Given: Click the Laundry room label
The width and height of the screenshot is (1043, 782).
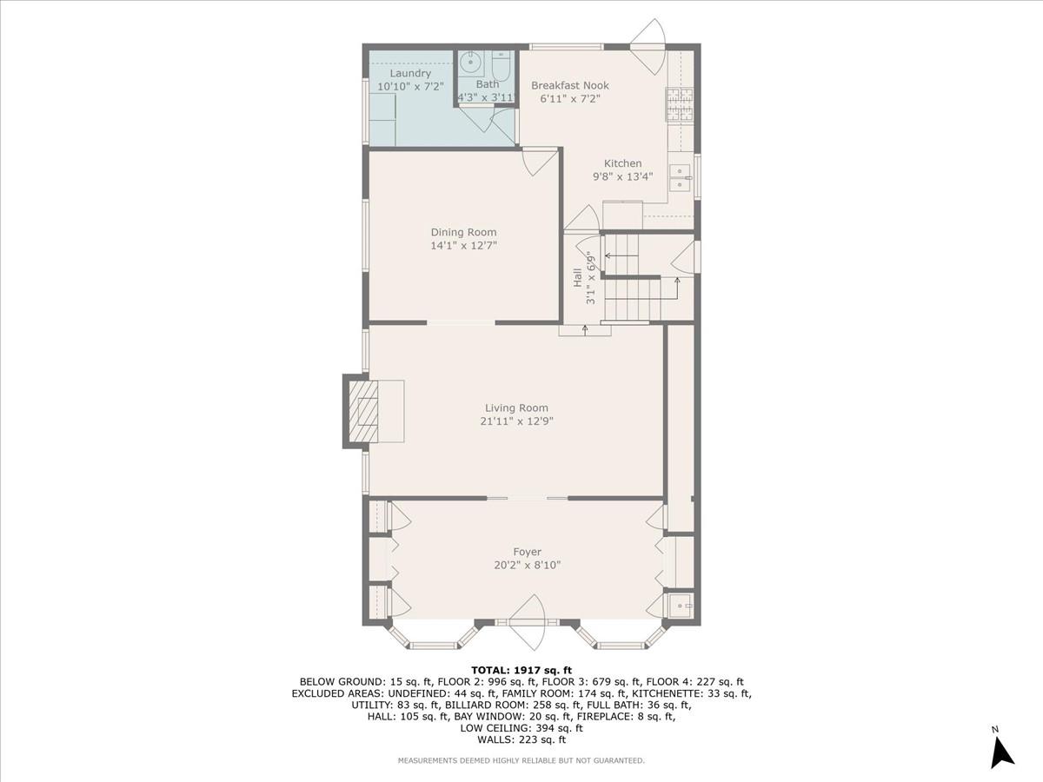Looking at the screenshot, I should (410, 74).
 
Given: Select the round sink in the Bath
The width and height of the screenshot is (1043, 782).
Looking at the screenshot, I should (469, 63).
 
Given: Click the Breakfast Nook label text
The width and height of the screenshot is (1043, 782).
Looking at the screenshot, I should (569, 85).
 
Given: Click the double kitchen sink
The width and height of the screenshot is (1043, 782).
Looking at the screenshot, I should (680, 177).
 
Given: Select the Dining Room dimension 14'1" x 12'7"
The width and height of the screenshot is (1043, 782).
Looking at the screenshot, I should (463, 246).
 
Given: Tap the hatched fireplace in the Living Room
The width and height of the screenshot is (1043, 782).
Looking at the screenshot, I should (364, 412).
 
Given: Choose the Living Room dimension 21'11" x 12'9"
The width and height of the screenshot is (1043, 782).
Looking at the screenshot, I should (516, 421).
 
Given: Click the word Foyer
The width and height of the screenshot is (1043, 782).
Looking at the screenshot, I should (527, 552).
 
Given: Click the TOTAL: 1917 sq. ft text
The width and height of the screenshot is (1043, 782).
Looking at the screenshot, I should (521, 670).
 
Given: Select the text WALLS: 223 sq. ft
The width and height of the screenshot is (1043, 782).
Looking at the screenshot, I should (521, 739).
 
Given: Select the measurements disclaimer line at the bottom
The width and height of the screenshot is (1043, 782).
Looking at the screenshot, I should (521, 760).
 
